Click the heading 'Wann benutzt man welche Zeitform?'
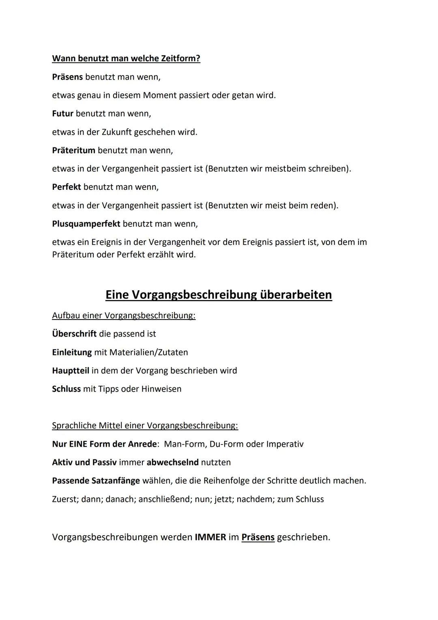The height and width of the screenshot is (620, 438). click(x=126, y=58)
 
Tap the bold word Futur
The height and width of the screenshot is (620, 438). click(x=62, y=114)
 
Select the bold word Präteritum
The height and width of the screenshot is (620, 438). click(x=73, y=150)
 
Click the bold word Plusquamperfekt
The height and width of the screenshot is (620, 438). click(x=86, y=224)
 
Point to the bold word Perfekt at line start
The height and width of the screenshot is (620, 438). click(x=67, y=187)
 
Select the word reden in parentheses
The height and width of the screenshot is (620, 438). click(x=322, y=205)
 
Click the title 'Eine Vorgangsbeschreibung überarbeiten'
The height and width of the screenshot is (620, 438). click(x=219, y=294)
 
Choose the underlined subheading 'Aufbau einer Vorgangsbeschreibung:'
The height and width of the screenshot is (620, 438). click(x=124, y=315)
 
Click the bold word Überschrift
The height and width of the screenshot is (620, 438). click(x=74, y=334)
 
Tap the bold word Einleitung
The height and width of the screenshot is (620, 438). click(x=72, y=352)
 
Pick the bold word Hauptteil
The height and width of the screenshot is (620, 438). click(x=71, y=371)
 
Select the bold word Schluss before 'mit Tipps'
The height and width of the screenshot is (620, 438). click(x=66, y=389)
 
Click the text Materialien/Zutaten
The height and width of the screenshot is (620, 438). click(x=148, y=352)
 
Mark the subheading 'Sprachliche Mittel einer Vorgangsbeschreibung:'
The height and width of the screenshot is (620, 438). click(x=145, y=426)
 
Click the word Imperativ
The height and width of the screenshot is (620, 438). click(x=285, y=444)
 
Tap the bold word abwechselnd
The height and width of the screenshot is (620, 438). click(x=172, y=462)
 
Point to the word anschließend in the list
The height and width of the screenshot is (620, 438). click(x=164, y=499)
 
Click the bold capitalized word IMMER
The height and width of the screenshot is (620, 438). click(x=210, y=537)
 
